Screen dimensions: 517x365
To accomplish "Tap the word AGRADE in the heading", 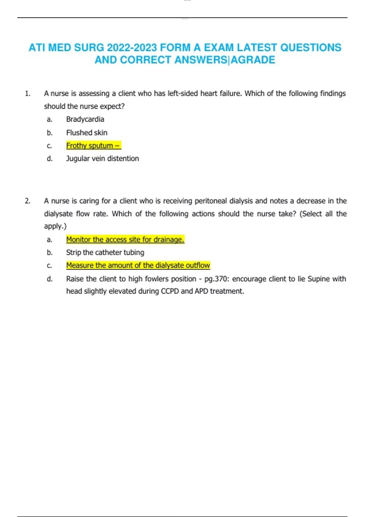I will click(x=253, y=60).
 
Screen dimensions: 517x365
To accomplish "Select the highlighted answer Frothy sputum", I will click(x=93, y=146).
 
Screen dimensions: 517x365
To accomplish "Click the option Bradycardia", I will click(x=85, y=119).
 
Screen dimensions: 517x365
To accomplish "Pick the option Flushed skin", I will click(x=87, y=133).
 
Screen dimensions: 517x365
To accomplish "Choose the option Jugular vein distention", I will click(x=103, y=158).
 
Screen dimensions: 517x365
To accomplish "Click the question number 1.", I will click(x=28, y=94).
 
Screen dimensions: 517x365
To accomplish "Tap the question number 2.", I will click(x=28, y=201).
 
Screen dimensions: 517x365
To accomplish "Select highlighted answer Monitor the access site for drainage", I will click(x=125, y=240).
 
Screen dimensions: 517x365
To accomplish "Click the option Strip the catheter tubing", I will click(x=105, y=252).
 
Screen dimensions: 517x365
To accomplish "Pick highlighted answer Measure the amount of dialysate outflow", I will click(x=138, y=265).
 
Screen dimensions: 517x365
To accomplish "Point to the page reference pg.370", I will click(x=217, y=279).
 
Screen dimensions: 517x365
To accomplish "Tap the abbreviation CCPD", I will click(x=170, y=291).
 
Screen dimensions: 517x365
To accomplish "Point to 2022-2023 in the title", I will click(x=132, y=48).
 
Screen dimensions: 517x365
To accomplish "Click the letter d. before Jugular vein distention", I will click(x=50, y=159).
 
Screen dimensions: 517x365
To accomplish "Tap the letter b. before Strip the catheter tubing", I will click(x=50, y=253).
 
